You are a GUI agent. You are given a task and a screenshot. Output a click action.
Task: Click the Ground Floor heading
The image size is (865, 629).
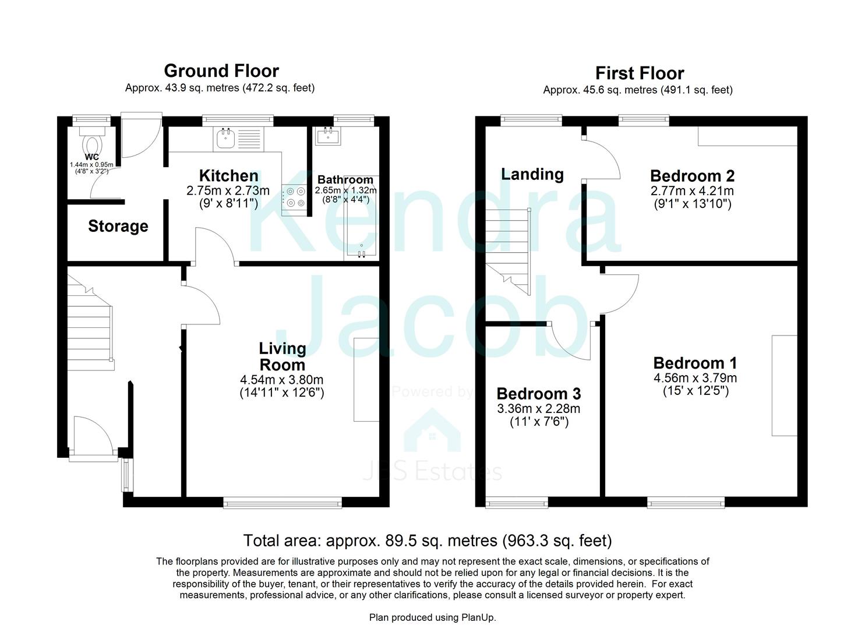coord(221,71)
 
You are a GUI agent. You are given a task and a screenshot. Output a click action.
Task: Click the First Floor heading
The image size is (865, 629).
coord(639,73)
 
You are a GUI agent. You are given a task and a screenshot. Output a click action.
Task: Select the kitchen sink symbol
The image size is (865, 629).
coord(225,139)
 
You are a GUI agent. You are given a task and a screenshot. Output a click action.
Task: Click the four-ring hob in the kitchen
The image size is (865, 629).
coord(295,197)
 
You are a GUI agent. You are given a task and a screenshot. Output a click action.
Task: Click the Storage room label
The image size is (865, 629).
coord(118,226)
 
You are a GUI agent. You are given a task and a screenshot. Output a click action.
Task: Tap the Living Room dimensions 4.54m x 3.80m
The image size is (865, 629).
coord(281,380)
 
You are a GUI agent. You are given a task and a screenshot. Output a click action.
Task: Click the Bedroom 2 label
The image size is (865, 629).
coord(691,175)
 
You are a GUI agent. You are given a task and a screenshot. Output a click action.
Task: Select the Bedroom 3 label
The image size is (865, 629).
coord(538,394)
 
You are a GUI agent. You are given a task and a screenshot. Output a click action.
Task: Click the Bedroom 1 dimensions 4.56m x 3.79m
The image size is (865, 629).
coord(695,378)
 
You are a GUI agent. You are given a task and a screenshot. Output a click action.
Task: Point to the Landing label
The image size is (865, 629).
coord(532,174)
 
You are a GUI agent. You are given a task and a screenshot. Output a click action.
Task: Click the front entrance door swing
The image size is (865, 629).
coord(91,434)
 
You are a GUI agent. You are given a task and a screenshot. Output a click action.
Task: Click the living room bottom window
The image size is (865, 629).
coord(283,502)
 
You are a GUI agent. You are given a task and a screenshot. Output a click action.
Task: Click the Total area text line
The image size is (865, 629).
coord(427,540)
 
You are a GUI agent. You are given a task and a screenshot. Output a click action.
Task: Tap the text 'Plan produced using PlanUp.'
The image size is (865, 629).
coord(432,617)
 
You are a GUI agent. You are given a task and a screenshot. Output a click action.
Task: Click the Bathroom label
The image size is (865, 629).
coord(345,180)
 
